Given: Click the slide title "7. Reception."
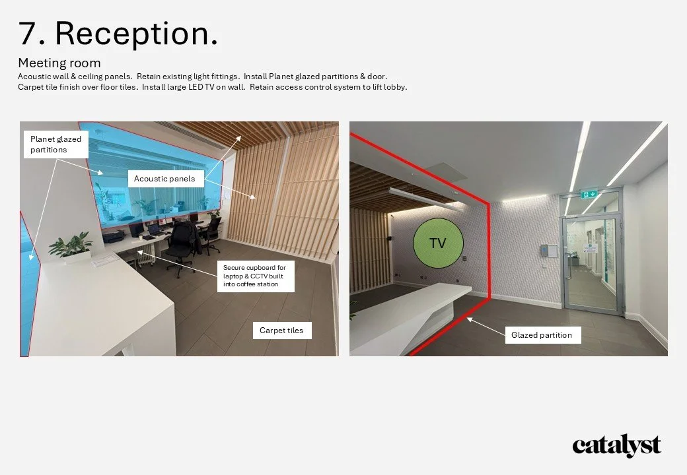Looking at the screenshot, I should (x=118, y=33).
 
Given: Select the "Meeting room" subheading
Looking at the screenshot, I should (x=59, y=63).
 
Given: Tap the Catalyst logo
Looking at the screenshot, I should (x=616, y=447).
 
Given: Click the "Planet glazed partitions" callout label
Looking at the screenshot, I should (x=55, y=144).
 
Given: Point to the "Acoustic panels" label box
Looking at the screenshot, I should (x=164, y=178).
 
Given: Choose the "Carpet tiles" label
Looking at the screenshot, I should (x=281, y=331).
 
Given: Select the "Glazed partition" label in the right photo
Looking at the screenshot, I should (x=542, y=335).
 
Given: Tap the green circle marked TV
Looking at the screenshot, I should (x=437, y=243).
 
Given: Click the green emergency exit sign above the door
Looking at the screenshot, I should (x=589, y=194).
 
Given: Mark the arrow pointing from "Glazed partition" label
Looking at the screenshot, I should (x=485, y=327).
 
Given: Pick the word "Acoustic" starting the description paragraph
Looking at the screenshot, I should (x=34, y=77).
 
